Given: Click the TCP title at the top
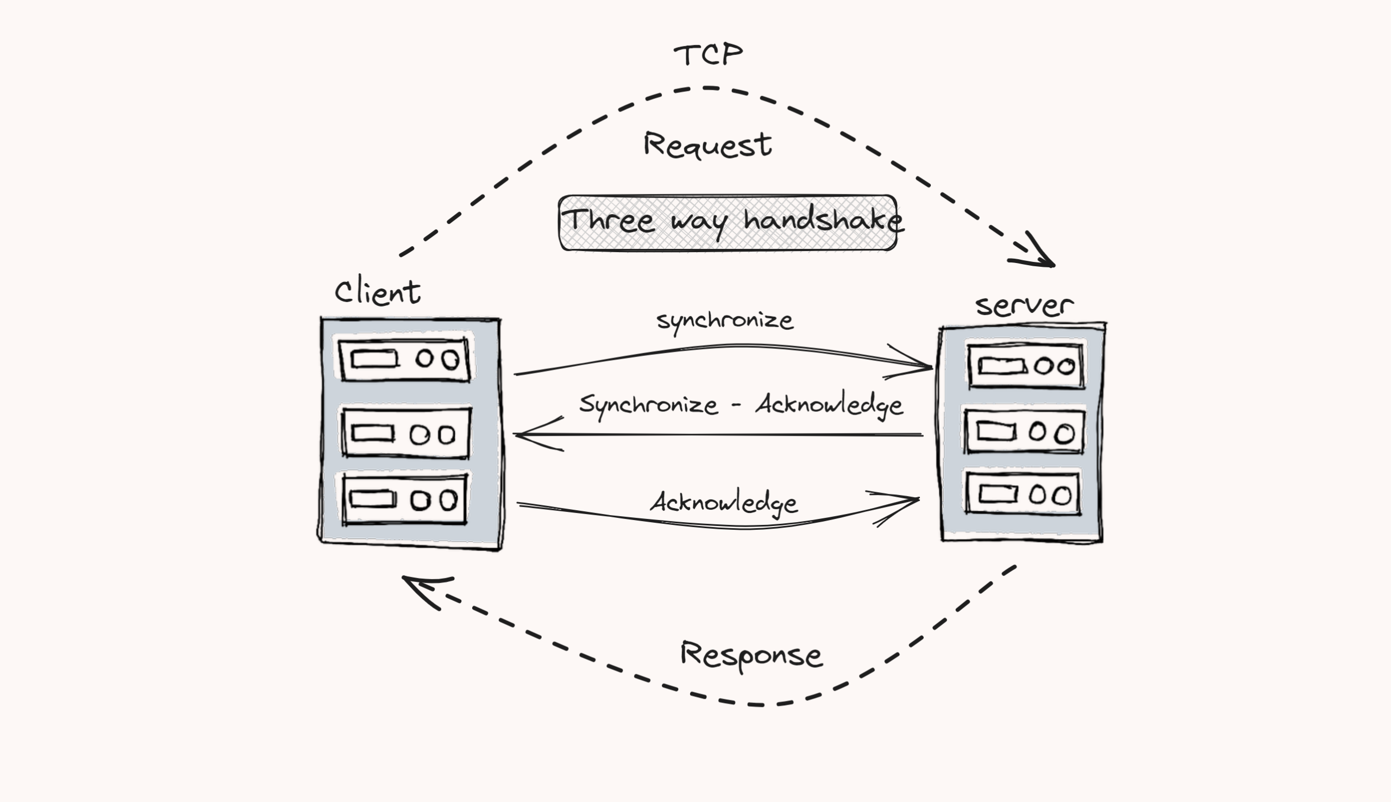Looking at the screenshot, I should (x=708, y=55).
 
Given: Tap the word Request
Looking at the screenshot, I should (x=707, y=146).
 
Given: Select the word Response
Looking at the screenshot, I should (x=751, y=655).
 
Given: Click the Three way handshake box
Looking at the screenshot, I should (x=728, y=223).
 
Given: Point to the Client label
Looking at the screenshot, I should (x=378, y=292).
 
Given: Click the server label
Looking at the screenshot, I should (x=1024, y=306).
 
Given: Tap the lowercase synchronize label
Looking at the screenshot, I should (x=725, y=321).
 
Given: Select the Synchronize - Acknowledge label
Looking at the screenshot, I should (x=741, y=405).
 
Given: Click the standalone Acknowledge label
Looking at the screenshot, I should (x=724, y=503).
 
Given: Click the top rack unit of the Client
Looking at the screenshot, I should (x=405, y=360).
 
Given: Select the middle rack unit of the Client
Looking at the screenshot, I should (x=406, y=434).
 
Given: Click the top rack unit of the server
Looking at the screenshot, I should (x=1026, y=366).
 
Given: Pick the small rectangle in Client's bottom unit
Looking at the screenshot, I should (x=373, y=499).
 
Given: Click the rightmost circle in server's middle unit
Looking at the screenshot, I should (x=1064, y=434).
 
